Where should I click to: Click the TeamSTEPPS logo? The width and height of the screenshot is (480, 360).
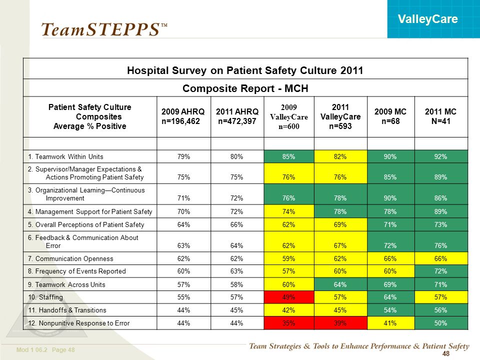click(104, 30)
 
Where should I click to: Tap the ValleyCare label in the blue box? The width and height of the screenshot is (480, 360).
click(427, 19)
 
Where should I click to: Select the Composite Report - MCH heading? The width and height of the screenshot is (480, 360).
click(245, 88)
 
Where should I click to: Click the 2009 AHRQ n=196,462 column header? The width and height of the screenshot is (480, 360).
click(183, 116)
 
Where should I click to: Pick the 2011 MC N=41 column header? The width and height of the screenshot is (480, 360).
click(440, 116)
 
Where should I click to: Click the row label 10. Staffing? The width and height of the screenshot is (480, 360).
click(45, 297)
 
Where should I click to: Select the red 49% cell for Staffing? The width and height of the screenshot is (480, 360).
click(288, 297)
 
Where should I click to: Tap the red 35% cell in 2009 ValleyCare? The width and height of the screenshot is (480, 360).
click(288, 323)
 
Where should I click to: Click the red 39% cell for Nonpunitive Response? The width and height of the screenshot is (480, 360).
click(340, 323)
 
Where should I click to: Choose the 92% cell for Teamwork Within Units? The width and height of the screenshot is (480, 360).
click(441, 156)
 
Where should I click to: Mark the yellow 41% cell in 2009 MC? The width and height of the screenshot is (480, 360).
click(390, 323)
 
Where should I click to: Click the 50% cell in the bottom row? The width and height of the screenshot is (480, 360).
click(441, 323)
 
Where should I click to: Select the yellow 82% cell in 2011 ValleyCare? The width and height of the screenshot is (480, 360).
click(340, 156)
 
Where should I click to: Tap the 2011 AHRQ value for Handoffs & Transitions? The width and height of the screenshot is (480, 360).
click(236, 310)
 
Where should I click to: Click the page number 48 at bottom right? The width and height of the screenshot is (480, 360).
click(446, 353)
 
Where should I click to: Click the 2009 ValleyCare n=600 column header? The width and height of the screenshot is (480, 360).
click(288, 116)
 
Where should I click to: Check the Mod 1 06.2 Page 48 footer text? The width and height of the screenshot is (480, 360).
click(45, 349)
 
